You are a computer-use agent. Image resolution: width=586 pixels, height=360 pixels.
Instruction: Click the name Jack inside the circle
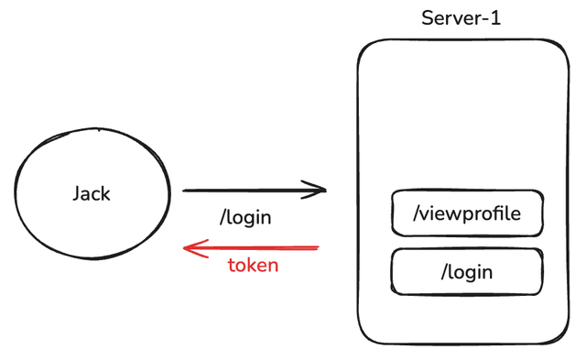tap(92, 194)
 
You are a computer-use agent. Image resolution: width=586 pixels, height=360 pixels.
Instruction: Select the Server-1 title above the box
tap(461, 18)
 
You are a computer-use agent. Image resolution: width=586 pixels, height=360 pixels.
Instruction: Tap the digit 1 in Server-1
tap(496, 18)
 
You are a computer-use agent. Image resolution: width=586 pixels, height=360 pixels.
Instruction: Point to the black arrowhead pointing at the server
tap(319, 191)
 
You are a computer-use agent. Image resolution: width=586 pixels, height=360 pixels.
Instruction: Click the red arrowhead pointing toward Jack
tap(191, 247)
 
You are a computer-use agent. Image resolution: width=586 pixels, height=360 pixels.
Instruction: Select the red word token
tap(253, 267)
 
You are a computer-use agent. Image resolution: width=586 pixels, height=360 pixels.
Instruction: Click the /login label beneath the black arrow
tap(247, 219)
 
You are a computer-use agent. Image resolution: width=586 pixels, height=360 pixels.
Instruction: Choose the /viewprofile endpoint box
tap(467, 213)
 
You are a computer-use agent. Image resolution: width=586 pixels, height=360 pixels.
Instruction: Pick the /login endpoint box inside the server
tap(467, 271)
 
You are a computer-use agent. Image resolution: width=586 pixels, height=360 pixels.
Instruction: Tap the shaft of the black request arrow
tap(247, 191)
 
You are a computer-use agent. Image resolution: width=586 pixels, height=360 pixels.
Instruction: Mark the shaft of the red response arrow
tap(256, 247)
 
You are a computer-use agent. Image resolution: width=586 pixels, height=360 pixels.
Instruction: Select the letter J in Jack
tap(77, 194)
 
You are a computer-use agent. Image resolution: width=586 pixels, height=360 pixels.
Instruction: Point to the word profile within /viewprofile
tap(495, 214)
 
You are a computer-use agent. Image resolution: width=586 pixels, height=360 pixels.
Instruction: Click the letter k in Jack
tap(106, 194)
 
